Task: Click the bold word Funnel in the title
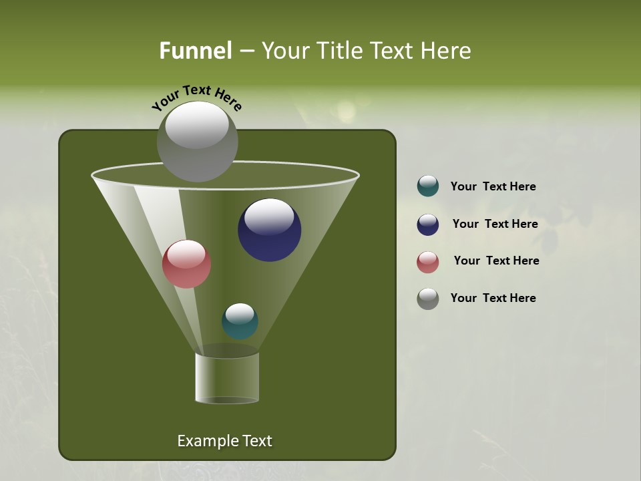(195, 51)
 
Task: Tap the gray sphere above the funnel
(197, 142)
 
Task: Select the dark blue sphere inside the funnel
(269, 230)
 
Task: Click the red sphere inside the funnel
(187, 264)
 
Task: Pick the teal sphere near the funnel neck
(240, 321)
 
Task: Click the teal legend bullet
(428, 186)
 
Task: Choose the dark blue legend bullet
(428, 224)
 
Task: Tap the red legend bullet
(428, 262)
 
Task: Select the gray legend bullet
(428, 299)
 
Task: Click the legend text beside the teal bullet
(493, 187)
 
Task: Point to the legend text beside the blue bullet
(495, 224)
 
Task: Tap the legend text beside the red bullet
(496, 261)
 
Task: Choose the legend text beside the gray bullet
(493, 298)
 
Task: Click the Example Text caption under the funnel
(224, 441)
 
